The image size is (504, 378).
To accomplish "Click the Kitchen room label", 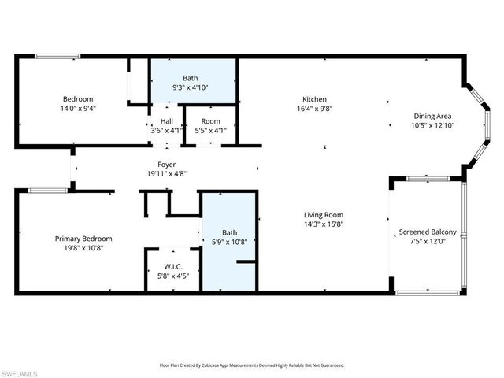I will click(309, 99).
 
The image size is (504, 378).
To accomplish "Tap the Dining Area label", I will click(432, 115).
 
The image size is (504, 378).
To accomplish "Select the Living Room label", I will click(324, 214).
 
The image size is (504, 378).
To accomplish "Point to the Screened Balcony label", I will click(428, 232).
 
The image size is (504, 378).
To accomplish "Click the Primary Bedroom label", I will click(83, 239).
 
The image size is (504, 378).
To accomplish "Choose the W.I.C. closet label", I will click(173, 265).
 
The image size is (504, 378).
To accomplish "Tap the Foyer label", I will click(166, 165).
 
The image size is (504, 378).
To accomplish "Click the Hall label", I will click(167, 120).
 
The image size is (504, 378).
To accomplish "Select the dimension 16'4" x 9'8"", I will click(309, 109).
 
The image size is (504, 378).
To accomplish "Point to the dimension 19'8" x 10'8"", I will click(83, 248).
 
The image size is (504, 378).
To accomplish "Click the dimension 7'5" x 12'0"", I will click(428, 241).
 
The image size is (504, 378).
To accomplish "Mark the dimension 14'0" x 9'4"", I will click(78, 109).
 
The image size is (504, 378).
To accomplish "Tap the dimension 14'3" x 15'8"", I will click(324, 224).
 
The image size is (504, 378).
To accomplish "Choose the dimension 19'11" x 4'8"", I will click(166, 174).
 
